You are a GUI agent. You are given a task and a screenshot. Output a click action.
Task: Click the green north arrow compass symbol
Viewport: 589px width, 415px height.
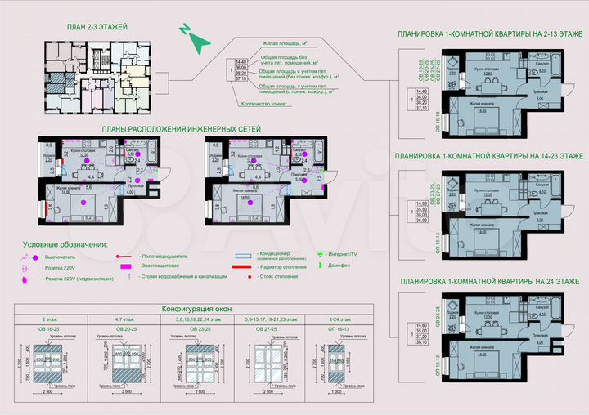point(194,37)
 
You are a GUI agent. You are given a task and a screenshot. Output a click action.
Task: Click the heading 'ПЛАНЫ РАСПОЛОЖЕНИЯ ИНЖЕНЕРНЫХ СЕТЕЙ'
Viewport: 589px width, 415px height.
point(181,130)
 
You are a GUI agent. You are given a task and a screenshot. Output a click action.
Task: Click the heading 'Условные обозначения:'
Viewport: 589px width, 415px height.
point(65,244)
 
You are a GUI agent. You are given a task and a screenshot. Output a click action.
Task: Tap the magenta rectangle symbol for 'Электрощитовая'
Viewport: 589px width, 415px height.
point(126,266)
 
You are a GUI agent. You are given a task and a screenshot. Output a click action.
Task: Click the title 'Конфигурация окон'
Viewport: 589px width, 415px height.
point(196,310)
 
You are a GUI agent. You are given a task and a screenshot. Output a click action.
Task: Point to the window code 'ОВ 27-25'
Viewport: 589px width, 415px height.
point(263,329)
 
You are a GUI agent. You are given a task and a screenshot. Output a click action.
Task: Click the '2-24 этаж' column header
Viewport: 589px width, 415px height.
point(333,320)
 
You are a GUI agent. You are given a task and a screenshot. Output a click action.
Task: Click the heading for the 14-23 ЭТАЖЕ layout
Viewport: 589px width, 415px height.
point(488,154)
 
